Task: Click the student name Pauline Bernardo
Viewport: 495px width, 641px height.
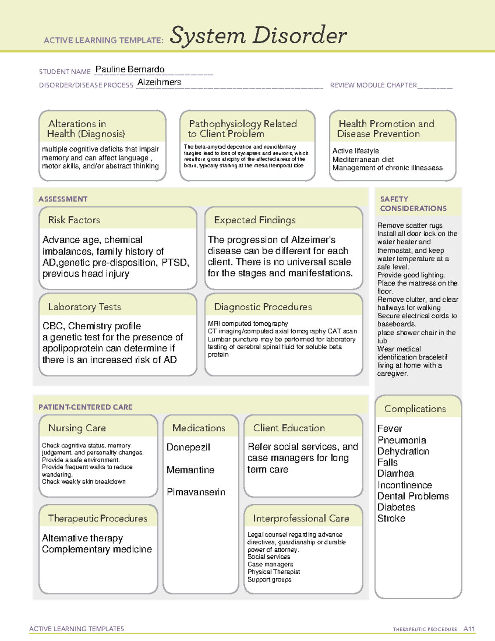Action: coord(130,69)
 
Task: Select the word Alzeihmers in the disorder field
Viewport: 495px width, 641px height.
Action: coord(159,82)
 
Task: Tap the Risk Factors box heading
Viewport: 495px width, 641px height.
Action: coord(74,220)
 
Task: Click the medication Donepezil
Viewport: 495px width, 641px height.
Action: coord(189,447)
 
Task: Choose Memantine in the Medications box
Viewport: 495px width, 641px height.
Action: coord(191,470)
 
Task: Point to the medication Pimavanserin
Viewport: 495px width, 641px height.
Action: coord(196,492)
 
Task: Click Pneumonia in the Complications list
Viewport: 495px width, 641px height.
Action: coord(402,440)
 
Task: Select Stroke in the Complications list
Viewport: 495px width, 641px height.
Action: coord(391,518)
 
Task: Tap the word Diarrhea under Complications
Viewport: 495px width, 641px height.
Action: coord(396,473)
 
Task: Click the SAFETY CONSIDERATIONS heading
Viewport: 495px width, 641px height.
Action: coord(413,204)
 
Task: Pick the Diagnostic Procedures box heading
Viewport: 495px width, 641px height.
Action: coord(263,307)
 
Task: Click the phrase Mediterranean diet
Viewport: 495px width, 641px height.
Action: coord(363,159)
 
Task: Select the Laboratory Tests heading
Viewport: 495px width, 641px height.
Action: coord(85,307)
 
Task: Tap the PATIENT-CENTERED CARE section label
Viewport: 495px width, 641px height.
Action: coord(85,407)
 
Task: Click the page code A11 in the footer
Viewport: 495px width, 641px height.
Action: coord(469,629)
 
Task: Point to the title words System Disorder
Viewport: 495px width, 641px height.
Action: coord(258,35)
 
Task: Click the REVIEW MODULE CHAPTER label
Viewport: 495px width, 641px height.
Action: coord(373,85)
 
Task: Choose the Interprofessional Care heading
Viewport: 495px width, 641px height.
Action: coord(301,518)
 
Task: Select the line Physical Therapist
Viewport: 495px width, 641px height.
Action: coord(273,572)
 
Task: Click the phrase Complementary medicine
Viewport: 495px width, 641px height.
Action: coord(97,549)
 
